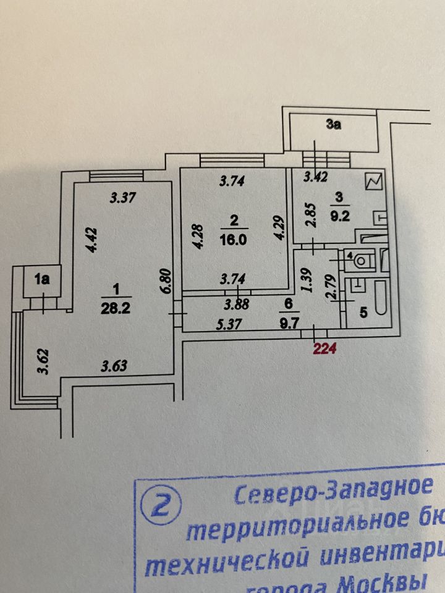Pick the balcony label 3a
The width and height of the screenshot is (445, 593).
334,125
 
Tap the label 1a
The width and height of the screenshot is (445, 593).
42,280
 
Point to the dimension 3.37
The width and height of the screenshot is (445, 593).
122,198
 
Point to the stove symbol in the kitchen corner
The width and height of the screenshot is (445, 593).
374,182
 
